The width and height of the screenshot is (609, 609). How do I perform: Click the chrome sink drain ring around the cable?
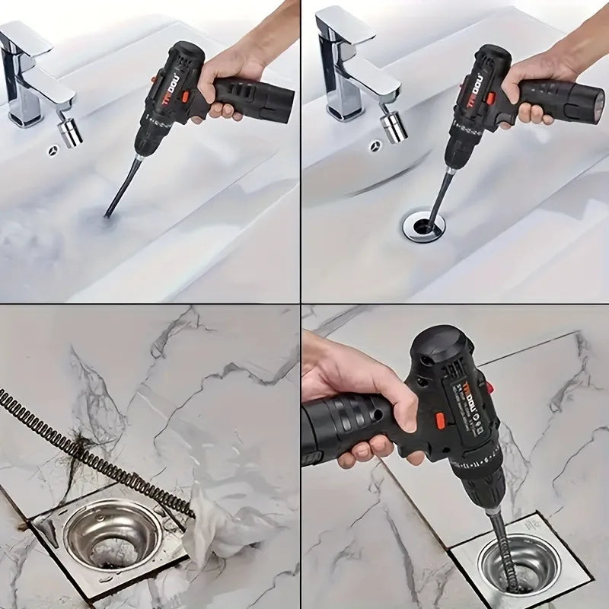coord(423,226)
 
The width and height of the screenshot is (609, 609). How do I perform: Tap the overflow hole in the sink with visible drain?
coord(375,145)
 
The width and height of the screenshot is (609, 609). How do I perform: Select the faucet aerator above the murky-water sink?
coord(71,129)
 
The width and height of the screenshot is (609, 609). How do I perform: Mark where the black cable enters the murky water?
coord(107,215)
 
